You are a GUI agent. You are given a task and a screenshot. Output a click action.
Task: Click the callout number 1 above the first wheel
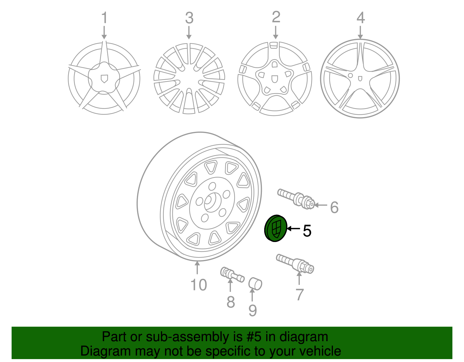point(104,17)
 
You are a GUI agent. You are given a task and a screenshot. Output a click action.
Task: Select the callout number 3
point(189,18)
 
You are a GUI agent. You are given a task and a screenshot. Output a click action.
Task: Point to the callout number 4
point(361,18)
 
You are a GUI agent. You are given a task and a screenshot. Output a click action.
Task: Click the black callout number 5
point(307,231)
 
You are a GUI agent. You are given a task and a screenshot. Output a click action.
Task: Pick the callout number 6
point(334,207)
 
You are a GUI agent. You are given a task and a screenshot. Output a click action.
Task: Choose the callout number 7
point(300,294)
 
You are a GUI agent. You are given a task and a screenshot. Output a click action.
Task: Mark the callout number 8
point(231,302)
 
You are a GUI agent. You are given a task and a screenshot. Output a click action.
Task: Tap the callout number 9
point(253,310)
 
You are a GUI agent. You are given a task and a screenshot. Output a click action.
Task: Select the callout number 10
point(199,285)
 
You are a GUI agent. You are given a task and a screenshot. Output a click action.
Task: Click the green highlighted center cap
point(275,228)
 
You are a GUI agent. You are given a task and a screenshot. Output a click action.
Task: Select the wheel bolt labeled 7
point(295,264)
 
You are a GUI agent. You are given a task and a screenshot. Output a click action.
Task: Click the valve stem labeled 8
point(232,275)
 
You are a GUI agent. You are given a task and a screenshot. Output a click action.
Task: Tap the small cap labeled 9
point(255,284)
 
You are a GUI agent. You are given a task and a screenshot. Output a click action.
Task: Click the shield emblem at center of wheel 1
point(104,79)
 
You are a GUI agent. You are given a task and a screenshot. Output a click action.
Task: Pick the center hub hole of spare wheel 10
point(212,202)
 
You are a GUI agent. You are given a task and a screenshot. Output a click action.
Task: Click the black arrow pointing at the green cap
point(293,228)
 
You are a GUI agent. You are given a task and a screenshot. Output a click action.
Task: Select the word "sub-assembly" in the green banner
point(194,337)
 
